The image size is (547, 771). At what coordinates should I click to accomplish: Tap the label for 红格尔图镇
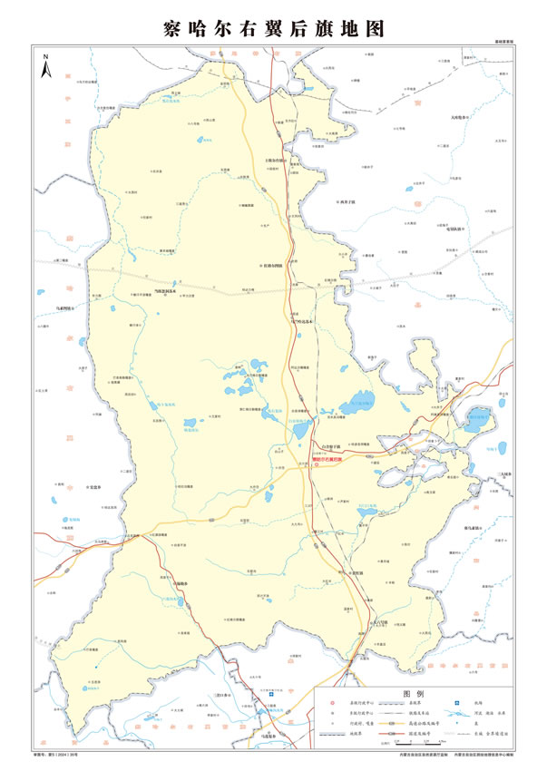273,266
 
